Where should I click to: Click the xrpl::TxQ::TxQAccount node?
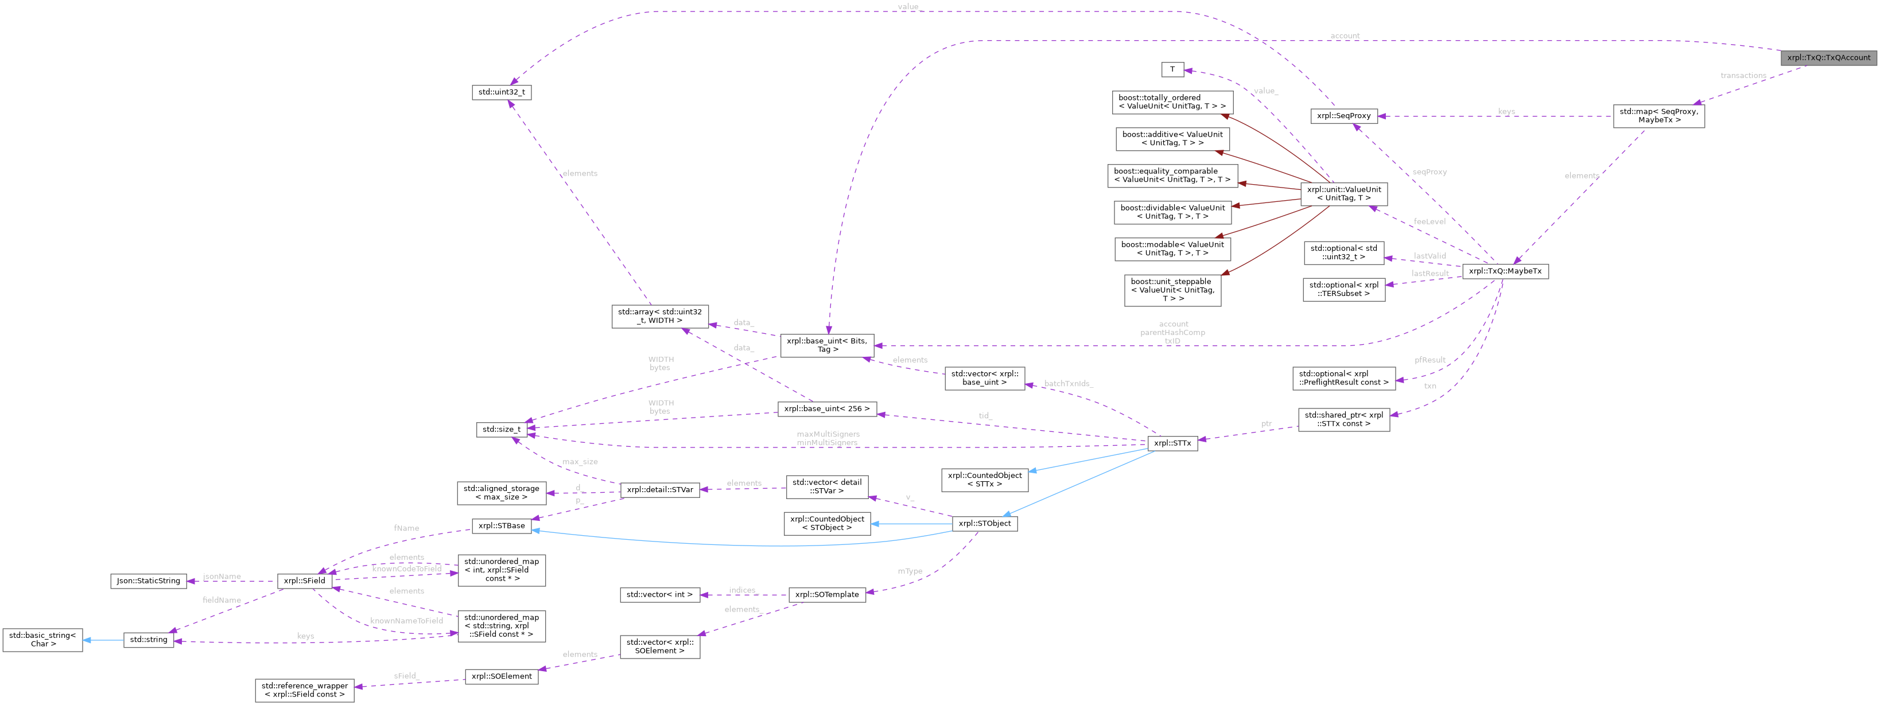click(x=1828, y=58)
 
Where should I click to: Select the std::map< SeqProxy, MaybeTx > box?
click(x=1658, y=116)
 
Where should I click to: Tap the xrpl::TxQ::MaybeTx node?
click(x=1505, y=271)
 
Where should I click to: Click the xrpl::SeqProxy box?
click(x=1343, y=116)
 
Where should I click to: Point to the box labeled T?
click(x=1172, y=70)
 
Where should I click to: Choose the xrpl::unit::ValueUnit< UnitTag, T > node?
click(x=1343, y=193)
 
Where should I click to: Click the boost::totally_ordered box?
click(x=1172, y=102)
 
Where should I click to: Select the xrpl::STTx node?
click(x=1172, y=443)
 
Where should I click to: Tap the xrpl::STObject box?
click(x=985, y=523)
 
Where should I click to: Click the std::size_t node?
click(x=502, y=429)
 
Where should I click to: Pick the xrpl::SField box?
click(x=304, y=581)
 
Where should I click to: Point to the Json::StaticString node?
click(x=148, y=581)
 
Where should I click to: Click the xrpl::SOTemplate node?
click(x=827, y=595)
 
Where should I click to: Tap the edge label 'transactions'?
click(x=1743, y=76)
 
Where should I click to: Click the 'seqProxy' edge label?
click(x=1429, y=172)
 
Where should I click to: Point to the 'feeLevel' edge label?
click(x=1429, y=221)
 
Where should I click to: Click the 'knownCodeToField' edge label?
click(x=406, y=569)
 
